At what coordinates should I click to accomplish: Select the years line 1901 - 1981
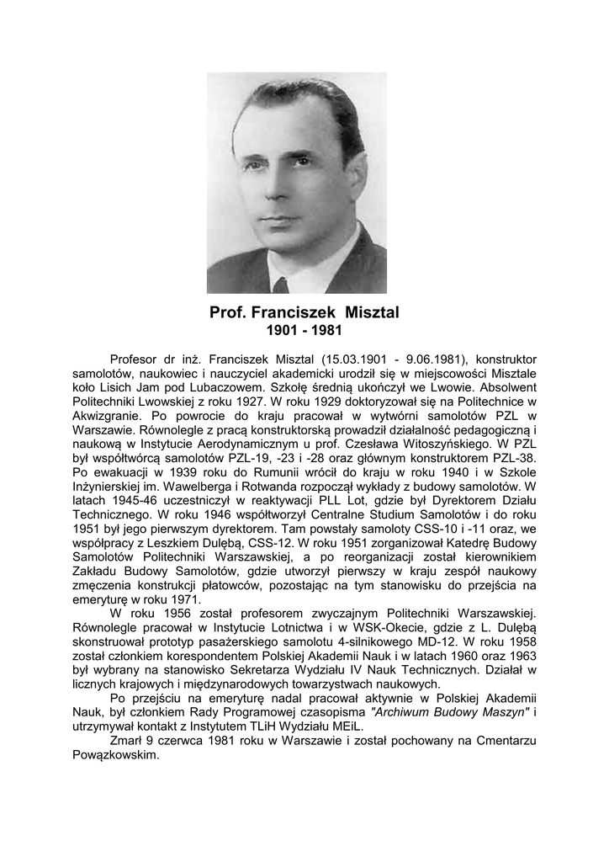304,331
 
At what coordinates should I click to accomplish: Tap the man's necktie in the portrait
280,285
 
